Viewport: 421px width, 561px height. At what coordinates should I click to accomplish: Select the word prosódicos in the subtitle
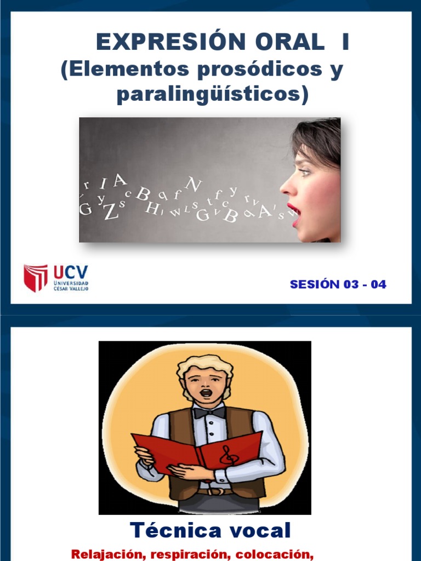256,70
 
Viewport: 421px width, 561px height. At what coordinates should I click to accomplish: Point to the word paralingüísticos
213,94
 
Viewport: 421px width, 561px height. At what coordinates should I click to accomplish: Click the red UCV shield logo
36,278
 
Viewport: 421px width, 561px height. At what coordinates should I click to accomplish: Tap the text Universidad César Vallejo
71,286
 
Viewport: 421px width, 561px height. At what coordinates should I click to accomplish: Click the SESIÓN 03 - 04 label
338,284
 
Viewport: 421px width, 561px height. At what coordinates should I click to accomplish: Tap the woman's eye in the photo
305,171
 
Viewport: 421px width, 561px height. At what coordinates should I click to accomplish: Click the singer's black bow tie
209,412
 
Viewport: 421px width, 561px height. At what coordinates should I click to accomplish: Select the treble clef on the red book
227,455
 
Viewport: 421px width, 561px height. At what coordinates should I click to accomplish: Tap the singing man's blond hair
204,364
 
